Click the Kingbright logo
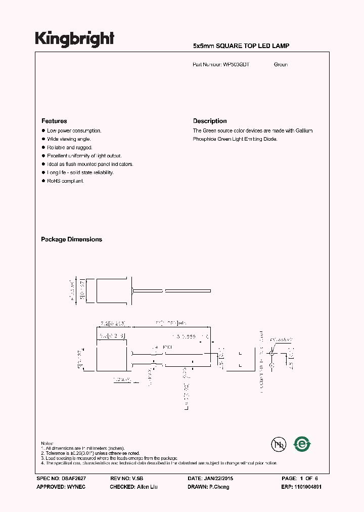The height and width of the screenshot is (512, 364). [x=74, y=39]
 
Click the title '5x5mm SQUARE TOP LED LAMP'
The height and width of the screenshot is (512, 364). [x=241, y=46]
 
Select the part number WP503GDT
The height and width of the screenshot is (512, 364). [x=237, y=65]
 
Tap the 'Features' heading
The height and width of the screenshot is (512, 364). [x=54, y=121]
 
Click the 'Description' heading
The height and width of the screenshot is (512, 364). [x=210, y=121]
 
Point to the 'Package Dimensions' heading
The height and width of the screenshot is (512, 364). [x=71, y=239]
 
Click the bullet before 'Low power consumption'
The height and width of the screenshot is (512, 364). [x=43, y=131]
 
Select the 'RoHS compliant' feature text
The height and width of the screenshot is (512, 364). [x=66, y=181]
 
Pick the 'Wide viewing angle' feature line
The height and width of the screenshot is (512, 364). [x=69, y=139]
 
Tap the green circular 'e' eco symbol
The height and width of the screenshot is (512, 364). [x=302, y=444]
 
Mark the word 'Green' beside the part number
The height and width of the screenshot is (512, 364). [x=281, y=65]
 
